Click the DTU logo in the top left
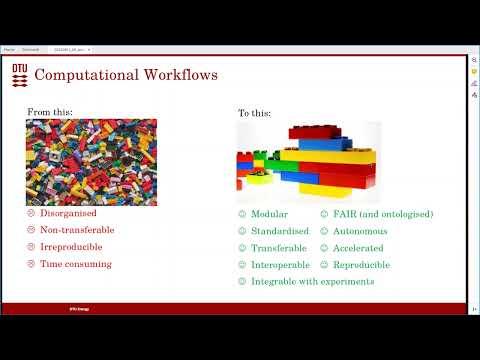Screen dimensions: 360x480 coord(20,74)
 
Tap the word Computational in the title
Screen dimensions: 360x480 coord(84,75)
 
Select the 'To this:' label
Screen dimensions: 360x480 coord(254,113)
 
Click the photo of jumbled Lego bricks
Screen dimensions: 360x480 coord(91,162)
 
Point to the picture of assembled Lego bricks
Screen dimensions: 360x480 coord(307,162)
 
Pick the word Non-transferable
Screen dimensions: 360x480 coord(77,230)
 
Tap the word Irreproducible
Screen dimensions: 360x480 coord(72,247)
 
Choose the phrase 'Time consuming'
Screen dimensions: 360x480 coord(76,264)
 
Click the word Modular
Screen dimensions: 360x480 coord(270,214)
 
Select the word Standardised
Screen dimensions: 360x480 coord(280,231)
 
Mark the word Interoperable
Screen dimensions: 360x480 coord(280,265)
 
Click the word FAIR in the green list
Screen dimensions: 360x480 coord(344,214)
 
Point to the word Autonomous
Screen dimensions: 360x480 coord(360,231)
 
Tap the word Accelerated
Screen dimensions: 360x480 coord(359,248)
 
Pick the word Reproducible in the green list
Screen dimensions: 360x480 coord(361,265)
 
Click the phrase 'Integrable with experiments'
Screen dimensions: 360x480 coord(312,281)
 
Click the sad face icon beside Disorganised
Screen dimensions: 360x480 coord(31,213)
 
